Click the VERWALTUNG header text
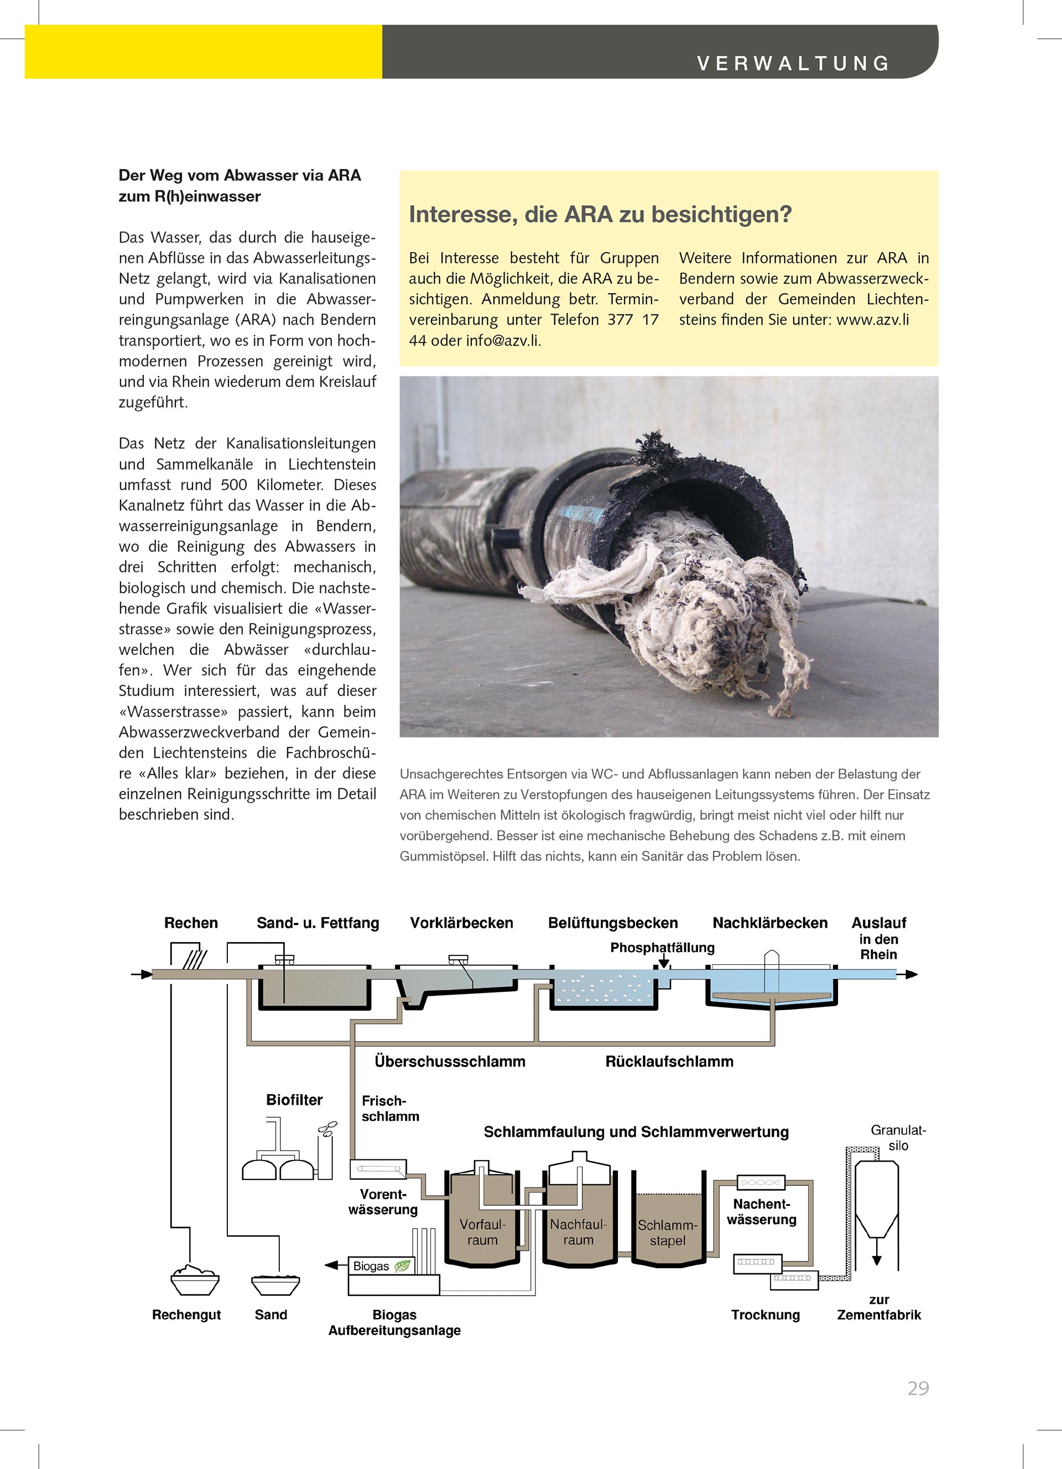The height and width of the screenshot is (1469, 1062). pyautogui.click(x=793, y=64)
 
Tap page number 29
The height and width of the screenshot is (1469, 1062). pyautogui.click(x=918, y=1388)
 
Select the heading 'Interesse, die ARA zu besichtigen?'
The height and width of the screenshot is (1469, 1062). pyautogui.click(x=600, y=215)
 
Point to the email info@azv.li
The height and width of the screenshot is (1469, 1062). pyautogui.click(x=502, y=341)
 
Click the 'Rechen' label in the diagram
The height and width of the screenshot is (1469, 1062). pyautogui.click(x=191, y=923)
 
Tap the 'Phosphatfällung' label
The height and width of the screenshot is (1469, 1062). pyautogui.click(x=662, y=948)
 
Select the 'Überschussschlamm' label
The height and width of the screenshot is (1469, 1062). pyautogui.click(x=450, y=1062)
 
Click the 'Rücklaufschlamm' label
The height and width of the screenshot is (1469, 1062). pyautogui.click(x=669, y=1062)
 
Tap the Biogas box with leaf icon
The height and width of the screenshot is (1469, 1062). pyautogui.click(x=381, y=1266)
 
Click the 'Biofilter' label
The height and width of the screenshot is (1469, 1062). pyautogui.click(x=294, y=1100)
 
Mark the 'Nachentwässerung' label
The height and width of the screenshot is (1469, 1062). pyautogui.click(x=761, y=1212)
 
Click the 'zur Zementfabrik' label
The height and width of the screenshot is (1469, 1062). pyautogui.click(x=878, y=1307)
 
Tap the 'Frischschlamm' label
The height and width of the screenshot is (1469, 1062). pyautogui.click(x=390, y=1108)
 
